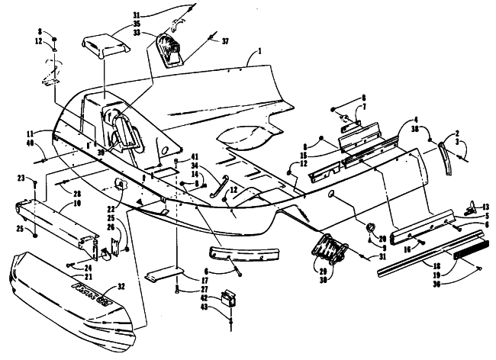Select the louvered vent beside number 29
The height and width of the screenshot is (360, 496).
[330, 249]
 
